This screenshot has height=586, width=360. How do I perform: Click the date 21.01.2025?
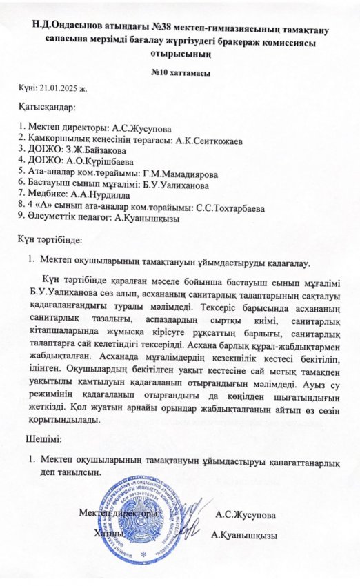pos(63,89)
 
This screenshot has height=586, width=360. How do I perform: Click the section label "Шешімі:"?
pos(43,439)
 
